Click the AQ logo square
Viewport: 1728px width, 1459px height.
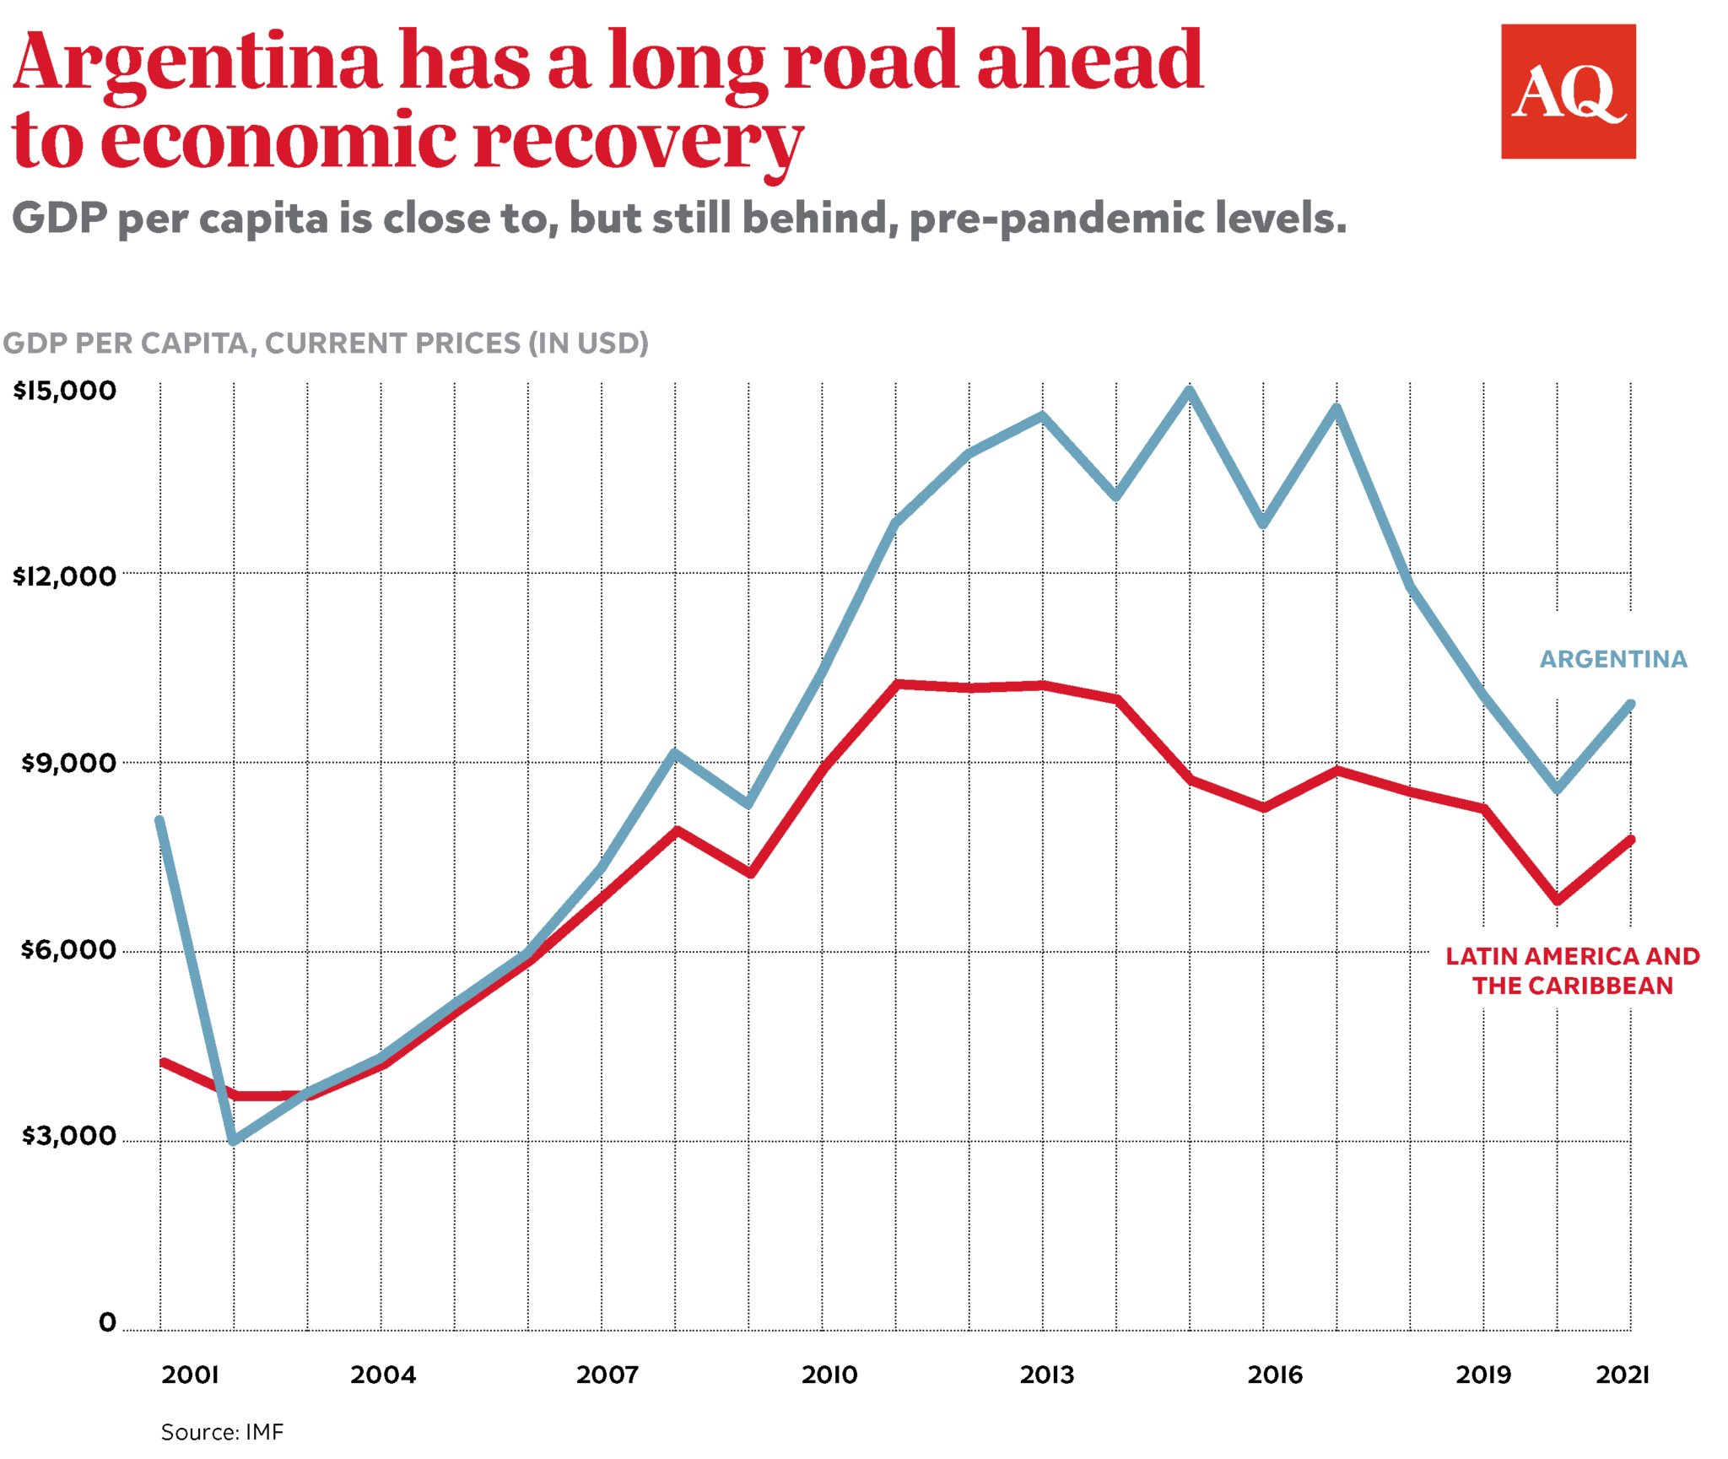1567,91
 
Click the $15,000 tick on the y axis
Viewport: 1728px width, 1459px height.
65,390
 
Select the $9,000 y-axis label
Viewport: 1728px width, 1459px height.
68,763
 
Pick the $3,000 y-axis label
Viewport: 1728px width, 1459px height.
68,1136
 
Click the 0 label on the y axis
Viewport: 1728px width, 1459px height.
107,1322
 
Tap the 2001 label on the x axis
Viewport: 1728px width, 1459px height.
190,1375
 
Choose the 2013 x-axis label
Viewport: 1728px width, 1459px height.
1047,1375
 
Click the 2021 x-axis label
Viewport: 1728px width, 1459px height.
1622,1375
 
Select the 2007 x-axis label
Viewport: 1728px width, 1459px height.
607,1375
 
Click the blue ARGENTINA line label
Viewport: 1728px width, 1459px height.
1612,659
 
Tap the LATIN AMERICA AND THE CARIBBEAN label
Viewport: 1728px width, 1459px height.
1572,970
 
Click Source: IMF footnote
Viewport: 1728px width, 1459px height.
222,1432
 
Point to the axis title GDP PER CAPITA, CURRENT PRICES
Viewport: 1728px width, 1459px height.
325,343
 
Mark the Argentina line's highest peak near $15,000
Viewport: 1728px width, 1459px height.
1190,391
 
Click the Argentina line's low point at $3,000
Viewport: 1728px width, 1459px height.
235,1140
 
